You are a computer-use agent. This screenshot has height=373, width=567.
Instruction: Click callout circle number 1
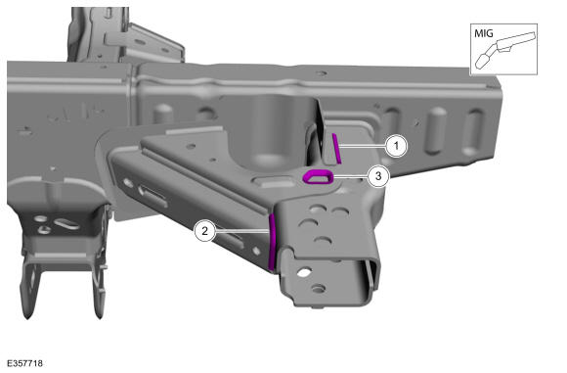pyautogui.click(x=396, y=146)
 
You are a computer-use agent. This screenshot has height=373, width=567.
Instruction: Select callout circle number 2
pyautogui.click(x=205, y=231)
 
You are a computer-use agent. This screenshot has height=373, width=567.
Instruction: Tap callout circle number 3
pyautogui.click(x=378, y=176)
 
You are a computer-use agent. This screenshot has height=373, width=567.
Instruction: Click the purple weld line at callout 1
pyautogui.click(x=336, y=148)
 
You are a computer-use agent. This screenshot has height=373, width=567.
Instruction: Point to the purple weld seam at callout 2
pyautogui.click(x=273, y=242)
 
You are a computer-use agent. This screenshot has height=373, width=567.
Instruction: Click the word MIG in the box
pyautogui.click(x=484, y=33)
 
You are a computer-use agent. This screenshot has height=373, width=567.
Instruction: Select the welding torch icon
pyautogui.click(x=505, y=50)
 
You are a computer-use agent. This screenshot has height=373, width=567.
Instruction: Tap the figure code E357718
pyautogui.click(x=25, y=363)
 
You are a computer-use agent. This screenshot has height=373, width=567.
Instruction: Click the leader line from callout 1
pyautogui.click(x=363, y=146)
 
